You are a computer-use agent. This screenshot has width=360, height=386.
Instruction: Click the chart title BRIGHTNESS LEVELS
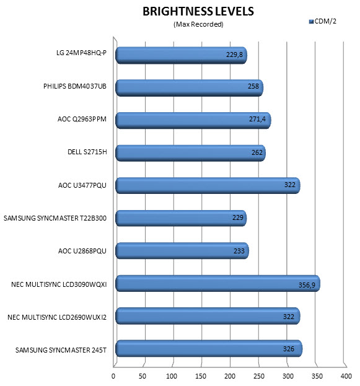198,11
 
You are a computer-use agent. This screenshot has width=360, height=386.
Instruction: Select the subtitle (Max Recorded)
198,24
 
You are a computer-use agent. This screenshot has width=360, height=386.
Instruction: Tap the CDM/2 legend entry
323,21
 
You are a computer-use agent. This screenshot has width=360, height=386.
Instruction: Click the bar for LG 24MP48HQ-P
181,55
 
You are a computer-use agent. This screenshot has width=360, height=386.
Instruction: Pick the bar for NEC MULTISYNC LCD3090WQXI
217,283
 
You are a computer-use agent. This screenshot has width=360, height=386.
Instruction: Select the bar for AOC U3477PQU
208,185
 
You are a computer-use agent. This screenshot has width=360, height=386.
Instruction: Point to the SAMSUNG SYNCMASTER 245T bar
209,348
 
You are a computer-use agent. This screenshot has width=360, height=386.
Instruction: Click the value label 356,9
307,285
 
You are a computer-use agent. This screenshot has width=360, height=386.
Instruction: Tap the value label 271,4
257,119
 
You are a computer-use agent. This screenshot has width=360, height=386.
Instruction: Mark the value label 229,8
234,55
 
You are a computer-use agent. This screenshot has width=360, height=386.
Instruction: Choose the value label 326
289,349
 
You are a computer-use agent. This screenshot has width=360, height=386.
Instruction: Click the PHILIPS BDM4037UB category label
75,86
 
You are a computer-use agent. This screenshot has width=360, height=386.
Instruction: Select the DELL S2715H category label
87,152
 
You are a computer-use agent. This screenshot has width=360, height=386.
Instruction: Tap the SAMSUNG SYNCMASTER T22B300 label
55,218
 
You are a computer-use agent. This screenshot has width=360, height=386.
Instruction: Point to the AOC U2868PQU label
82,251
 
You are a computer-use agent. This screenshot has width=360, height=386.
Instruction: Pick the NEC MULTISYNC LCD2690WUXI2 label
57,317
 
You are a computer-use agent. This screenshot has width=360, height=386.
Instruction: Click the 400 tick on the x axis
346,376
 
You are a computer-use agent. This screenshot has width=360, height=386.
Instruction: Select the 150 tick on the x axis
200,376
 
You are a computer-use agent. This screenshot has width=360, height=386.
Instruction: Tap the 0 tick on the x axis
113,376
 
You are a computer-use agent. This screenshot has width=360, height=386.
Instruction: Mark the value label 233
239,251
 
